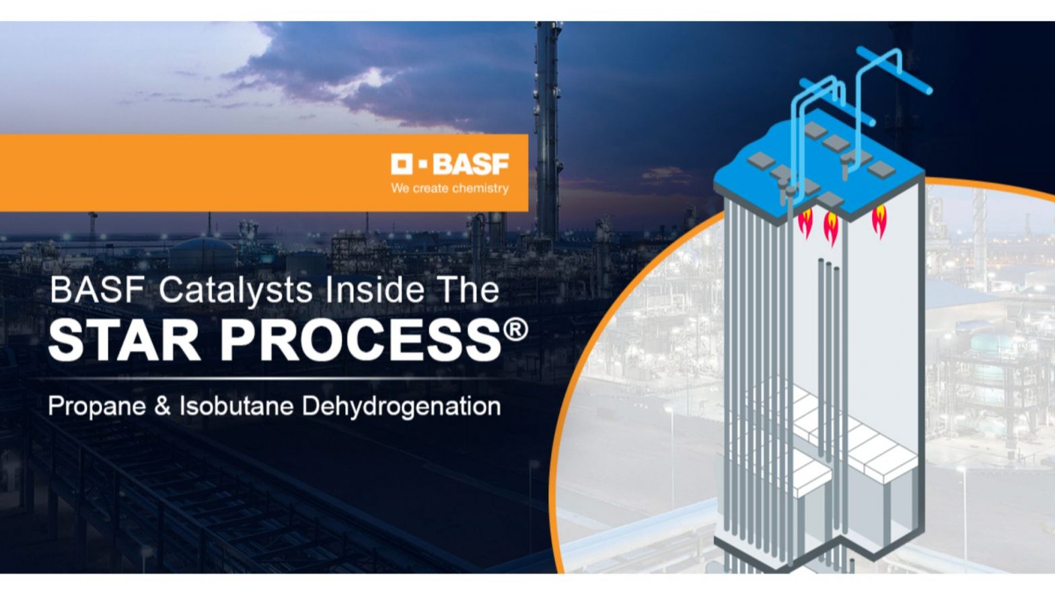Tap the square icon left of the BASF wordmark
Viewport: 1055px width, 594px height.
pyautogui.click(x=402, y=164)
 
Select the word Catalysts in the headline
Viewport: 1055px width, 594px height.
pyautogui.click(x=236, y=290)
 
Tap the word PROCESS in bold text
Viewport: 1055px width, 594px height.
pyautogui.click(x=361, y=340)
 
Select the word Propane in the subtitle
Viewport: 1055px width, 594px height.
pyautogui.click(x=97, y=407)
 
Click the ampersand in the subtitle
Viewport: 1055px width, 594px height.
pyautogui.click(x=163, y=407)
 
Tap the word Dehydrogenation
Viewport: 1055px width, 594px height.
pyautogui.click(x=402, y=407)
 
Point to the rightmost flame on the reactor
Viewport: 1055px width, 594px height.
pyautogui.click(x=879, y=222)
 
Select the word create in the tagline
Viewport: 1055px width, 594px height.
pyautogui.click(x=430, y=189)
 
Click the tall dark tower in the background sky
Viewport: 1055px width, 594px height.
pyautogui.click(x=548, y=121)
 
